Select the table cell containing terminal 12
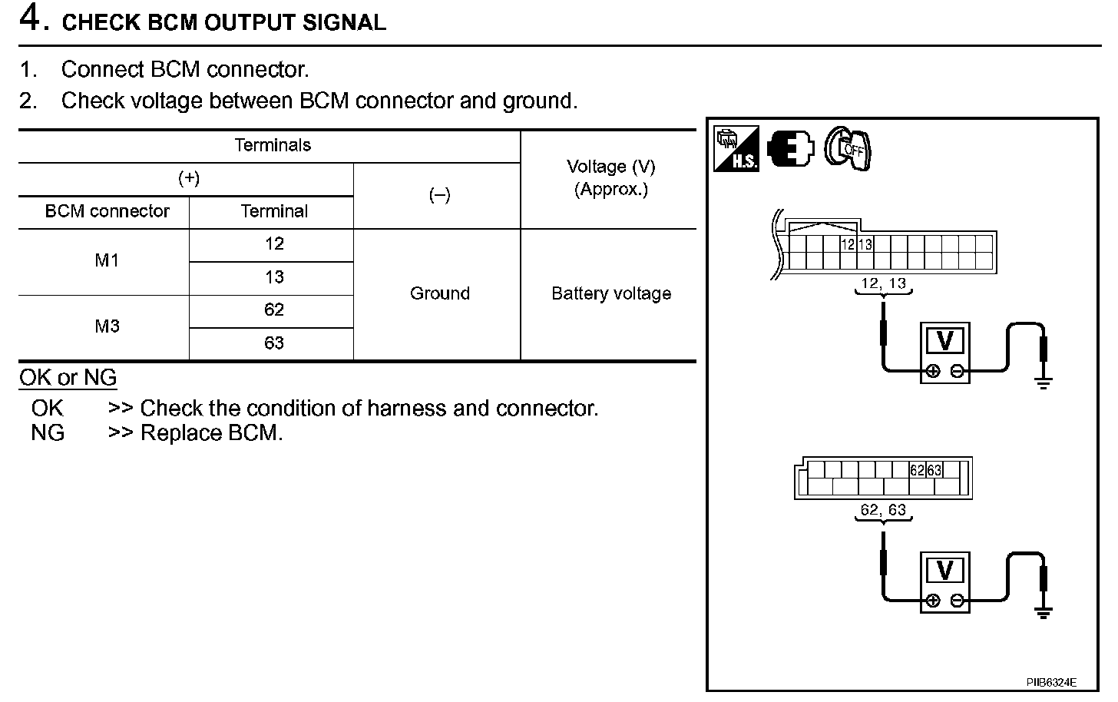tap(273, 244)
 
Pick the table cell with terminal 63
tap(273, 343)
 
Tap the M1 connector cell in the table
tap(107, 260)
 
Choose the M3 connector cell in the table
tap(107, 326)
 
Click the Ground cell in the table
tap(439, 293)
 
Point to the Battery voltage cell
tap(610, 293)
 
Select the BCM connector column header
tap(107, 211)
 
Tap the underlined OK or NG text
tap(68, 378)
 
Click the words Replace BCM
tap(211, 433)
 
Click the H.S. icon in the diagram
tap(736, 148)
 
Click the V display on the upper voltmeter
tap(945, 341)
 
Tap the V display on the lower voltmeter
tap(945, 571)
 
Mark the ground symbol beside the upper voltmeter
tap(1043, 381)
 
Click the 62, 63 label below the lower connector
tap(883, 510)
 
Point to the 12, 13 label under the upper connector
tap(883, 283)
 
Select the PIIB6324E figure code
tap(1051, 682)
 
